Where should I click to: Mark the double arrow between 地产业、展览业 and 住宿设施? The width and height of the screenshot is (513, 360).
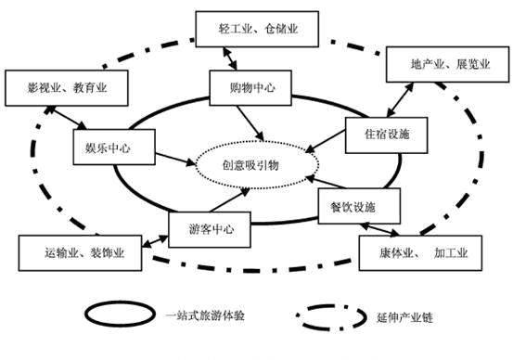[x=399, y=100]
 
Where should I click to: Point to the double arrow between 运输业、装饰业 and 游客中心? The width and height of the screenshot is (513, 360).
[x=149, y=238]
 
